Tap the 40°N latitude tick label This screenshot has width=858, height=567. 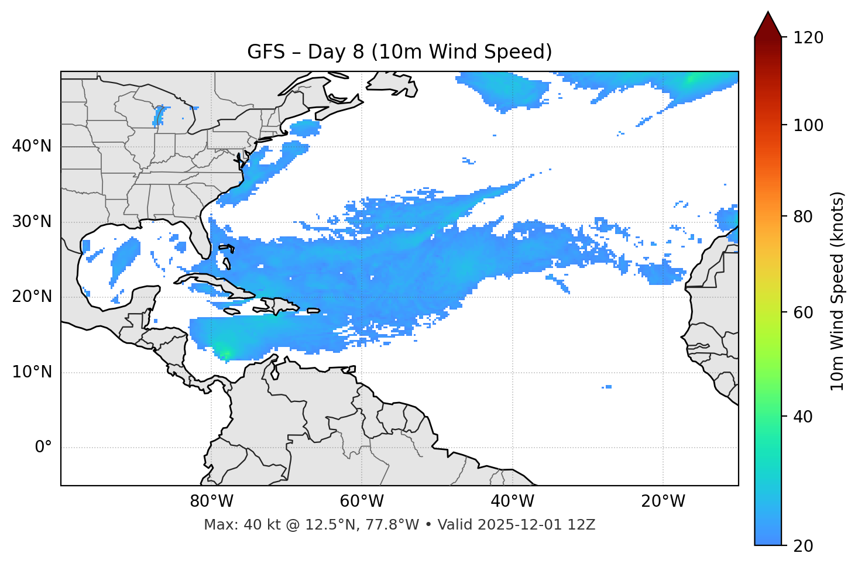click(x=32, y=146)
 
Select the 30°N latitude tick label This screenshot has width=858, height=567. click(x=32, y=222)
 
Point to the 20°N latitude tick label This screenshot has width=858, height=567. click(x=32, y=297)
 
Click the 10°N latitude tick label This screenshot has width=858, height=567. click(x=32, y=372)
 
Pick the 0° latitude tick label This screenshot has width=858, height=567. click(x=43, y=448)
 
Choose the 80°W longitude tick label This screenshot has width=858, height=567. click(x=211, y=501)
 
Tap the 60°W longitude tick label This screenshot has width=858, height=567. click(x=362, y=501)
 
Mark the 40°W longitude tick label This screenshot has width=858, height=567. click(x=512, y=501)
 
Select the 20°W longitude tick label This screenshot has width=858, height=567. click(x=663, y=501)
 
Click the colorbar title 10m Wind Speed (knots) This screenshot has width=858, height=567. click(x=837, y=291)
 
